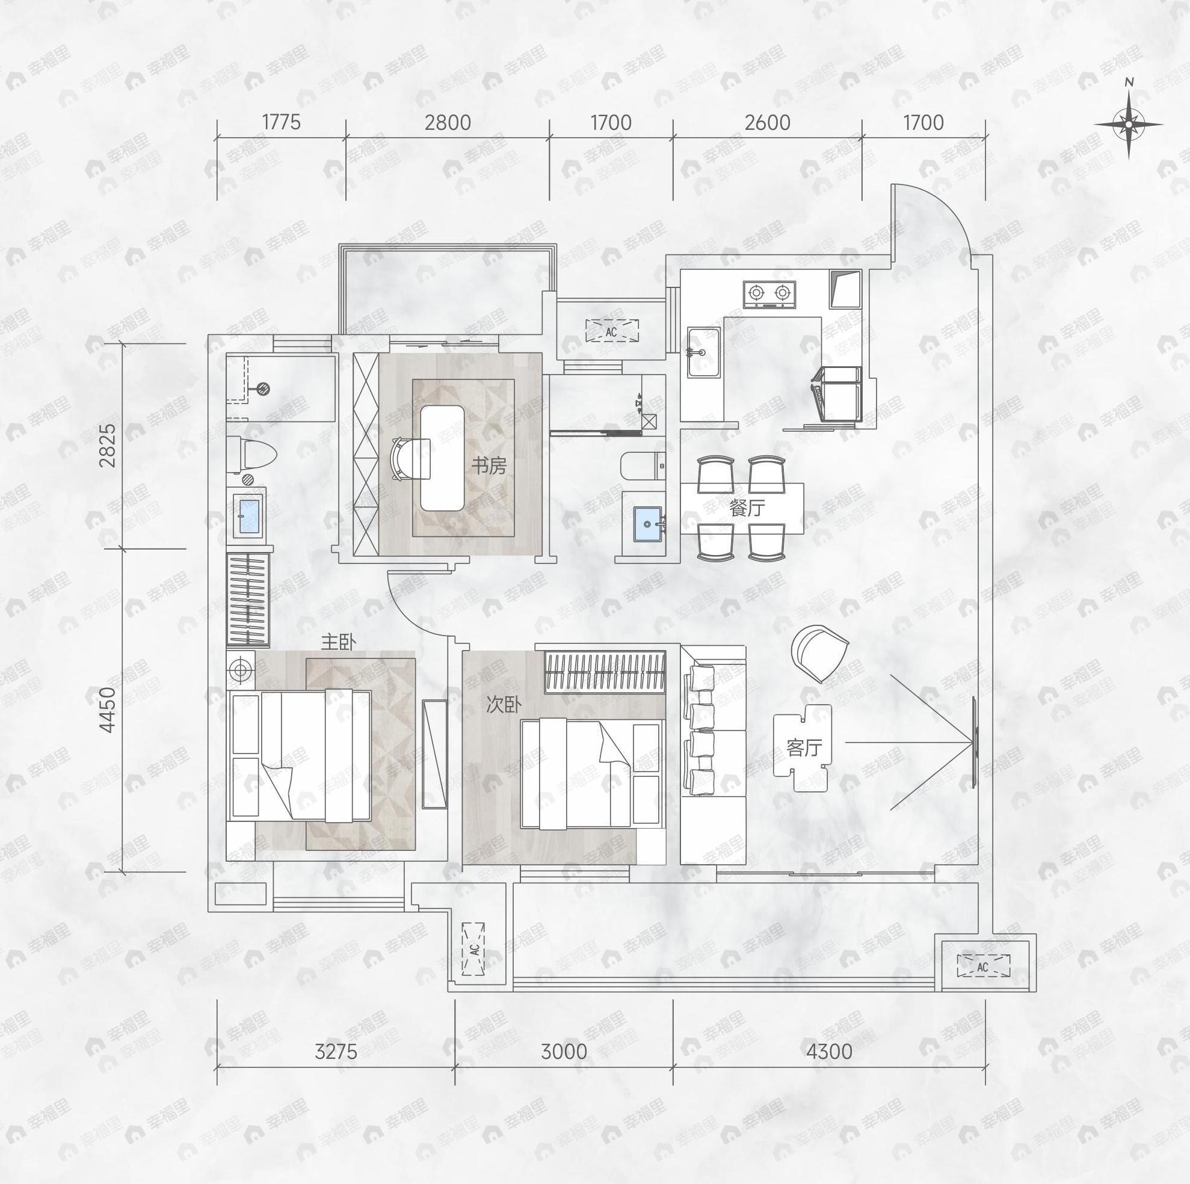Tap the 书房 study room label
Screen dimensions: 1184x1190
pos(489,466)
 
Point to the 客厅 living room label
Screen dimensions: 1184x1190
pos(804,747)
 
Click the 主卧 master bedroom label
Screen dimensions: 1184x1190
pos(338,643)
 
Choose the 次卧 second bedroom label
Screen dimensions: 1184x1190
pos(504,704)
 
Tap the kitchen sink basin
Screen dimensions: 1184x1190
pos(704,353)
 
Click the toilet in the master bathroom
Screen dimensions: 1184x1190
pos(253,455)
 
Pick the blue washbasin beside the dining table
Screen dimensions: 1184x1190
pos(648,524)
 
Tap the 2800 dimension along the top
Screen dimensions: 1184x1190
pos(447,123)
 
